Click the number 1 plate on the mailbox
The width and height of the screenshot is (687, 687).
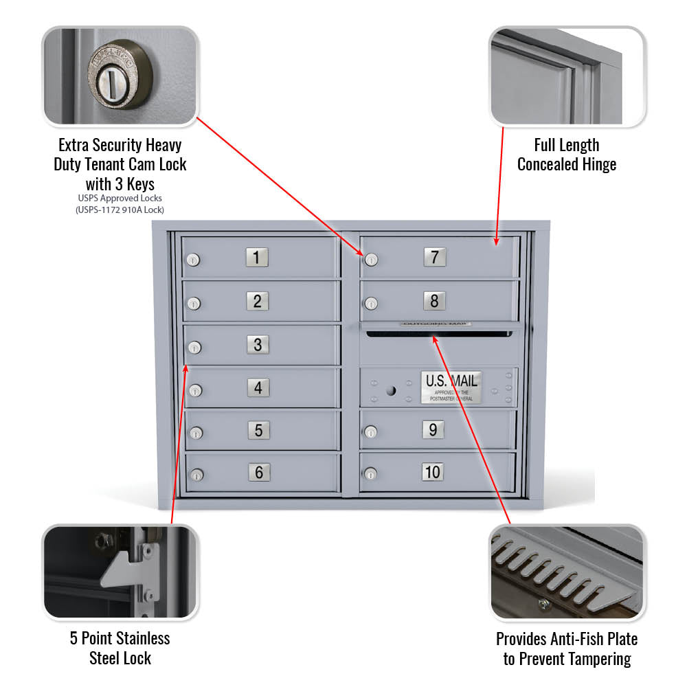click(x=257, y=258)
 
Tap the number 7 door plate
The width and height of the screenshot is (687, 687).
click(x=434, y=258)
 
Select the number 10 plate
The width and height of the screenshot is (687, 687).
click(x=432, y=472)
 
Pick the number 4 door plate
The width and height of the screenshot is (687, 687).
click(x=258, y=387)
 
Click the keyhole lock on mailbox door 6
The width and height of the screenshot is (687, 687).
click(x=196, y=475)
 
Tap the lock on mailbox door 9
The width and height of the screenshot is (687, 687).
click(x=371, y=432)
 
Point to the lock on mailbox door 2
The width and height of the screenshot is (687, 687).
click(x=194, y=303)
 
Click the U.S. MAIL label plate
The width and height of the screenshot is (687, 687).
click(x=451, y=387)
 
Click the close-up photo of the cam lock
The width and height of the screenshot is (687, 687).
click(x=120, y=76)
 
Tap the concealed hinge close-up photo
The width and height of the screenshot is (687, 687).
click(x=567, y=76)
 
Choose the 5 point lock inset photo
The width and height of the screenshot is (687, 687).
click(x=120, y=572)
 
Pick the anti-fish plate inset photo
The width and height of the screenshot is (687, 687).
click(x=567, y=572)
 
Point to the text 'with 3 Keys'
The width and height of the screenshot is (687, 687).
click(x=120, y=184)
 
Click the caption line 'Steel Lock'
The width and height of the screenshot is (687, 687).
click(x=120, y=658)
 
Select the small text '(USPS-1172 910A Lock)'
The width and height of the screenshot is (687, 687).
click(x=120, y=210)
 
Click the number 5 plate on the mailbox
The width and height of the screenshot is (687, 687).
click(x=259, y=430)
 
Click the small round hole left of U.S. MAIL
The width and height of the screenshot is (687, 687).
click(x=391, y=390)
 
